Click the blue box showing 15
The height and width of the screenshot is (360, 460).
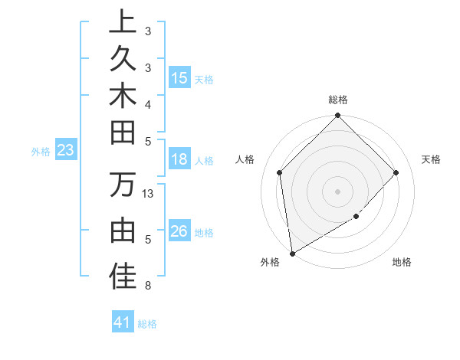pyautogui.click(x=179, y=78)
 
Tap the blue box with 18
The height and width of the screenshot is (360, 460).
pyautogui.click(x=179, y=160)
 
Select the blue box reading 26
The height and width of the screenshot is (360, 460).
pyautogui.click(x=179, y=231)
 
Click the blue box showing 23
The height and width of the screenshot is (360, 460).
pyautogui.click(x=66, y=151)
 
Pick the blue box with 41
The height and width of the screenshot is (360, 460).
pyautogui.click(x=123, y=322)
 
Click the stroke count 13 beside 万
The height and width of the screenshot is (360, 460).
pyautogui.click(x=149, y=194)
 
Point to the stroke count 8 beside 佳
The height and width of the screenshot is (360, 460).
pyautogui.click(x=147, y=286)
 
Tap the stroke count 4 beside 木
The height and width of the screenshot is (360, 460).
pyautogui.click(x=147, y=103)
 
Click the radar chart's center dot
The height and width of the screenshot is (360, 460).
pyautogui.click(x=337, y=191)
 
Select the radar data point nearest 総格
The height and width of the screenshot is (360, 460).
pyautogui.click(x=337, y=116)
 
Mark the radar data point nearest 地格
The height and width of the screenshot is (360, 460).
pyautogui.click(x=356, y=217)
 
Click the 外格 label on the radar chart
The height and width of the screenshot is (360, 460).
pyautogui.click(x=270, y=262)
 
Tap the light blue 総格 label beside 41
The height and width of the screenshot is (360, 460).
pyautogui.click(x=147, y=324)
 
